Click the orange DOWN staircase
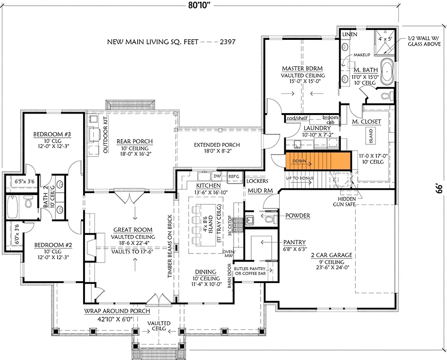(x=317, y=161)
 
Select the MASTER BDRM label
(x=302, y=68)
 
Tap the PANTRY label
(x=294, y=242)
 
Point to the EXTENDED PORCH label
(x=217, y=145)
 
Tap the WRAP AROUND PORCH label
(x=117, y=311)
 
